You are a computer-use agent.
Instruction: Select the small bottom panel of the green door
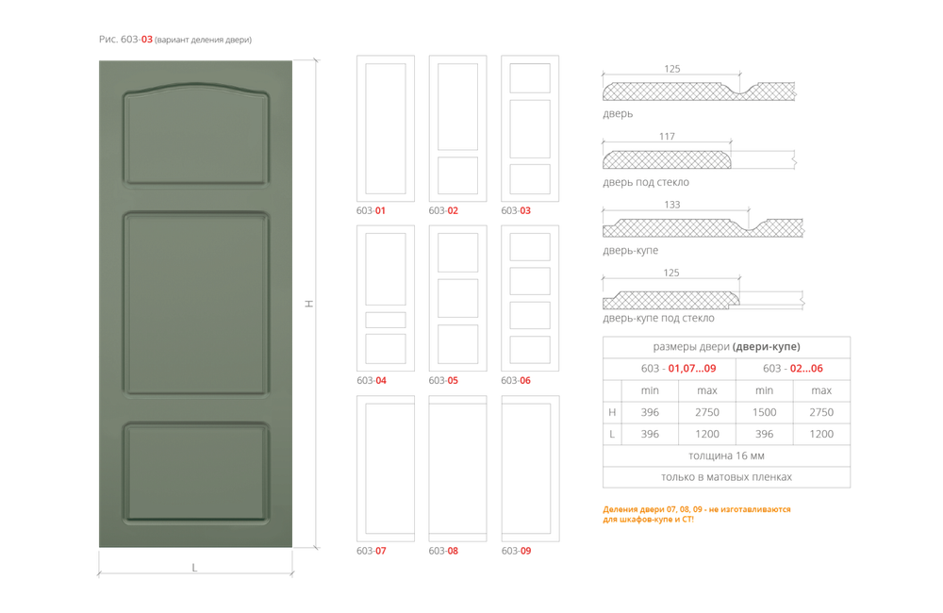[195, 472]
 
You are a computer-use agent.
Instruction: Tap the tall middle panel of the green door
[195, 304]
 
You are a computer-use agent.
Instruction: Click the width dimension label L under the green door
[194, 568]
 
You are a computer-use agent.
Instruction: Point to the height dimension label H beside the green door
[307, 304]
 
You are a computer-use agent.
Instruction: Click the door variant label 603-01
[371, 210]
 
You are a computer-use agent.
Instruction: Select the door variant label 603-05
[443, 380]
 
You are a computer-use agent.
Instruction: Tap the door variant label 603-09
[516, 550]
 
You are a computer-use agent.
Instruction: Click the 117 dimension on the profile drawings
[668, 136]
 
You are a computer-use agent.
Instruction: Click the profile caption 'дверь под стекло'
[646, 182]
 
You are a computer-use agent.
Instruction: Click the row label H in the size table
[612, 412]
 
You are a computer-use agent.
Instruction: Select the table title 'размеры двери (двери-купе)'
[726, 346]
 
